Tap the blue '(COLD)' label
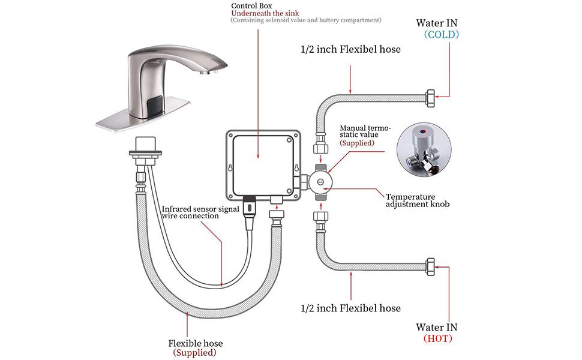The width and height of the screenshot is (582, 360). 441,35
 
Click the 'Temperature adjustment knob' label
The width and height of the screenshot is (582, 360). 417,200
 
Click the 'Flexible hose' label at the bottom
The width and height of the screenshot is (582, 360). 195,343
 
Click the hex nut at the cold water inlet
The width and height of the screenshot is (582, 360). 430,97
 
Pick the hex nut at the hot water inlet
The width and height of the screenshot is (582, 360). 430,264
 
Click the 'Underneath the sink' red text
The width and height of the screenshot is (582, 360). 266,13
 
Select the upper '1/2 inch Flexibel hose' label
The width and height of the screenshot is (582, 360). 350,49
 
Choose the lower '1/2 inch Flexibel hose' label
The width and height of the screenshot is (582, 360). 350,308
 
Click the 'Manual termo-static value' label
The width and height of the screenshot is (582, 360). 365,131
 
